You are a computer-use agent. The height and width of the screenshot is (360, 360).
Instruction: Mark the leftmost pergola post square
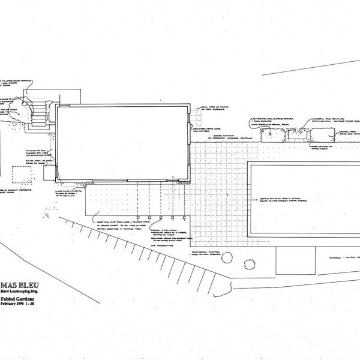(139, 217)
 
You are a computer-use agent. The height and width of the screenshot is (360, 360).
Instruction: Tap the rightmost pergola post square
(182, 217)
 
